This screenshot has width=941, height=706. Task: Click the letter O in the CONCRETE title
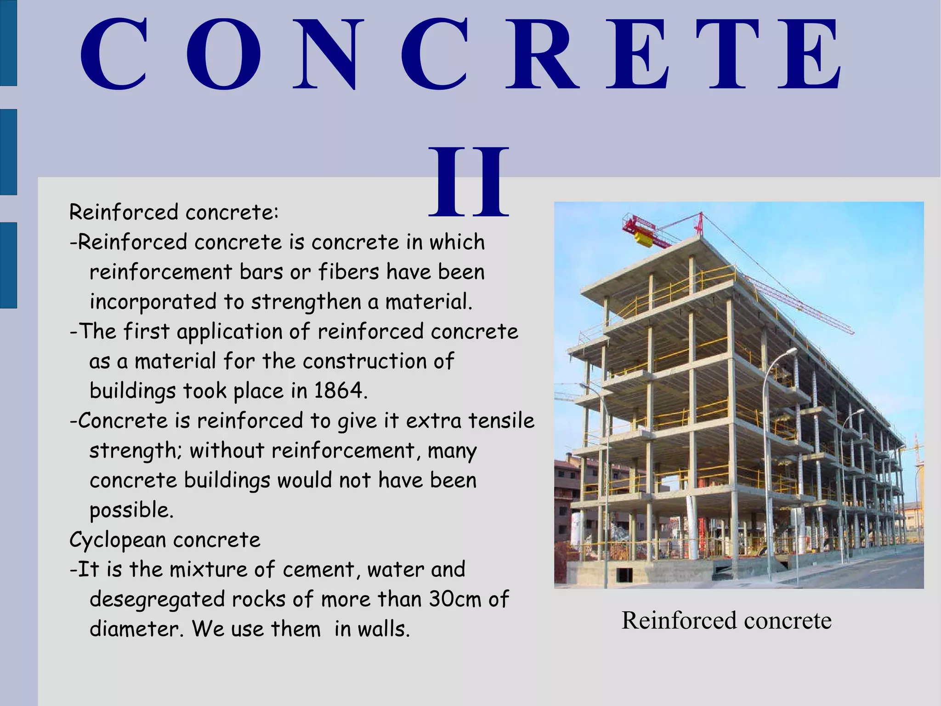point(224,54)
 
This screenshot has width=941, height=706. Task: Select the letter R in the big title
point(542,54)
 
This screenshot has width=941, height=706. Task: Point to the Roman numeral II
point(469,182)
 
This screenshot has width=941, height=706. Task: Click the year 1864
point(340,391)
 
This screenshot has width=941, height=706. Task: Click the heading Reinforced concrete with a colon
point(174,212)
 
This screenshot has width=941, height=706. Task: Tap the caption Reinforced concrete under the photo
point(726,620)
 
